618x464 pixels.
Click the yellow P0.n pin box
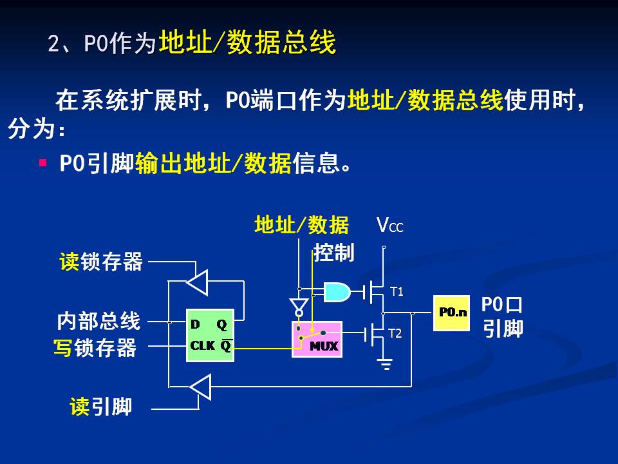[451, 313]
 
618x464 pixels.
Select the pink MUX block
[315, 339]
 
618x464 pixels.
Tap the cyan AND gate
[337, 292]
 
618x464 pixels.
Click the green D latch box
[210, 335]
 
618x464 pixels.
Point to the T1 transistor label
[397, 292]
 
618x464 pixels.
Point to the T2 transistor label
[395, 333]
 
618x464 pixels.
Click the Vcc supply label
[389, 226]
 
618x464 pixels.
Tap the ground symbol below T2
[386, 365]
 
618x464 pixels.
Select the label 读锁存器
[101, 262]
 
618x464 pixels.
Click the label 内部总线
[98, 320]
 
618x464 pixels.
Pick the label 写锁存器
[95, 348]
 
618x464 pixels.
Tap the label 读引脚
[101, 407]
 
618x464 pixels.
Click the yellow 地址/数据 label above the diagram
[301, 225]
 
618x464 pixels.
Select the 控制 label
[334, 253]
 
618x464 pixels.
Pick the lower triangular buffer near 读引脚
[200, 387]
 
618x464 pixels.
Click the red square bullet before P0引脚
[43, 163]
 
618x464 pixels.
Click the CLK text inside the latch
[203, 345]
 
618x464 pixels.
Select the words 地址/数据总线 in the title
[247, 43]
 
